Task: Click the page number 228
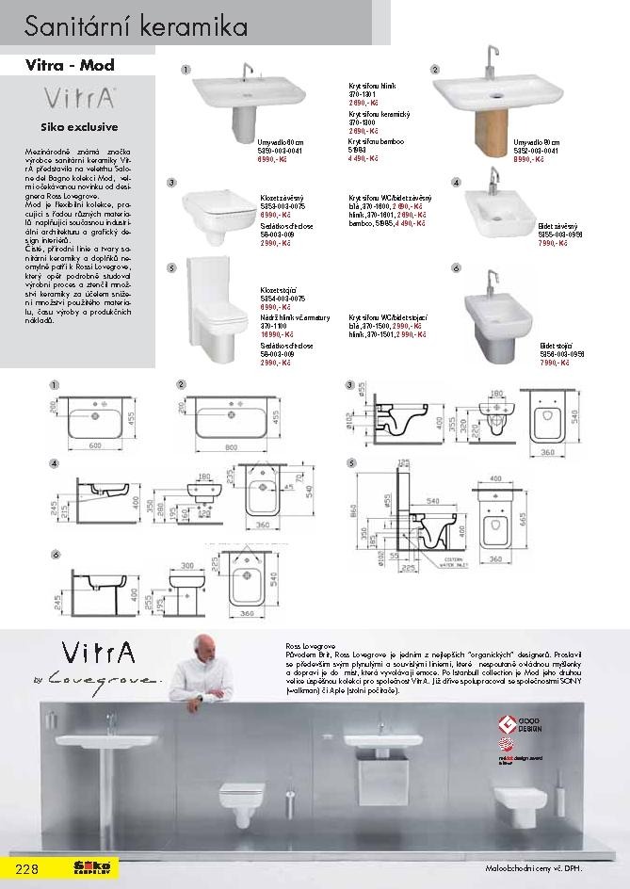click(24, 867)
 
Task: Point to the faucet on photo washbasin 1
click(250, 72)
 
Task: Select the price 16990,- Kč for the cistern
click(274, 334)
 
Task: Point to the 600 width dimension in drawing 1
click(94, 445)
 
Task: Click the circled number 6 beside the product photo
click(456, 268)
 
